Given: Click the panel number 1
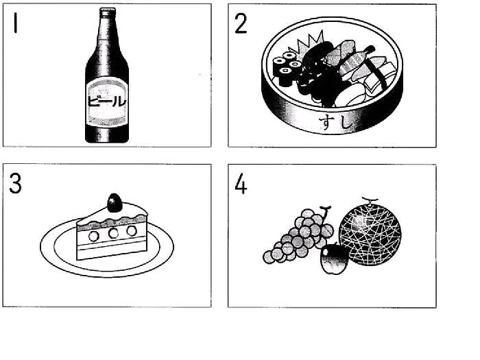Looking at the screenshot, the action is [15, 23].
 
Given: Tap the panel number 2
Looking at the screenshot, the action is [241, 23].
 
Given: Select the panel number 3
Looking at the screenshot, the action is [15, 183].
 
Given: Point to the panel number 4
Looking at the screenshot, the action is [241, 183].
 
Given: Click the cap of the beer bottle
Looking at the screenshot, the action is [108, 12].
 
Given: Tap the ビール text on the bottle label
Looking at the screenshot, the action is [107, 101].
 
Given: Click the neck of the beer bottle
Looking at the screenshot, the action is [107, 37].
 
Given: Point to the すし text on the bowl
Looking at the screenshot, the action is [335, 122].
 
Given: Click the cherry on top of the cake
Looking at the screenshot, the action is [115, 203].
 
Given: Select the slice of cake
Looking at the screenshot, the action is [112, 232].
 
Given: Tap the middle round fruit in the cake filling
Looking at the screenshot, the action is [113, 233].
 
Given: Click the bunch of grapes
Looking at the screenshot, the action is [298, 236].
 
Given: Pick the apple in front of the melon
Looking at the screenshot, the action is [334, 259].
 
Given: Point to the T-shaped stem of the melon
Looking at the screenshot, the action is [370, 200].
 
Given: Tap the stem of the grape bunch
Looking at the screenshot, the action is [325, 213].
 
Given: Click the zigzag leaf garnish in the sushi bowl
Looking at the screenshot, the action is [308, 43].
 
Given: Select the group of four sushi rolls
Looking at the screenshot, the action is [287, 69].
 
